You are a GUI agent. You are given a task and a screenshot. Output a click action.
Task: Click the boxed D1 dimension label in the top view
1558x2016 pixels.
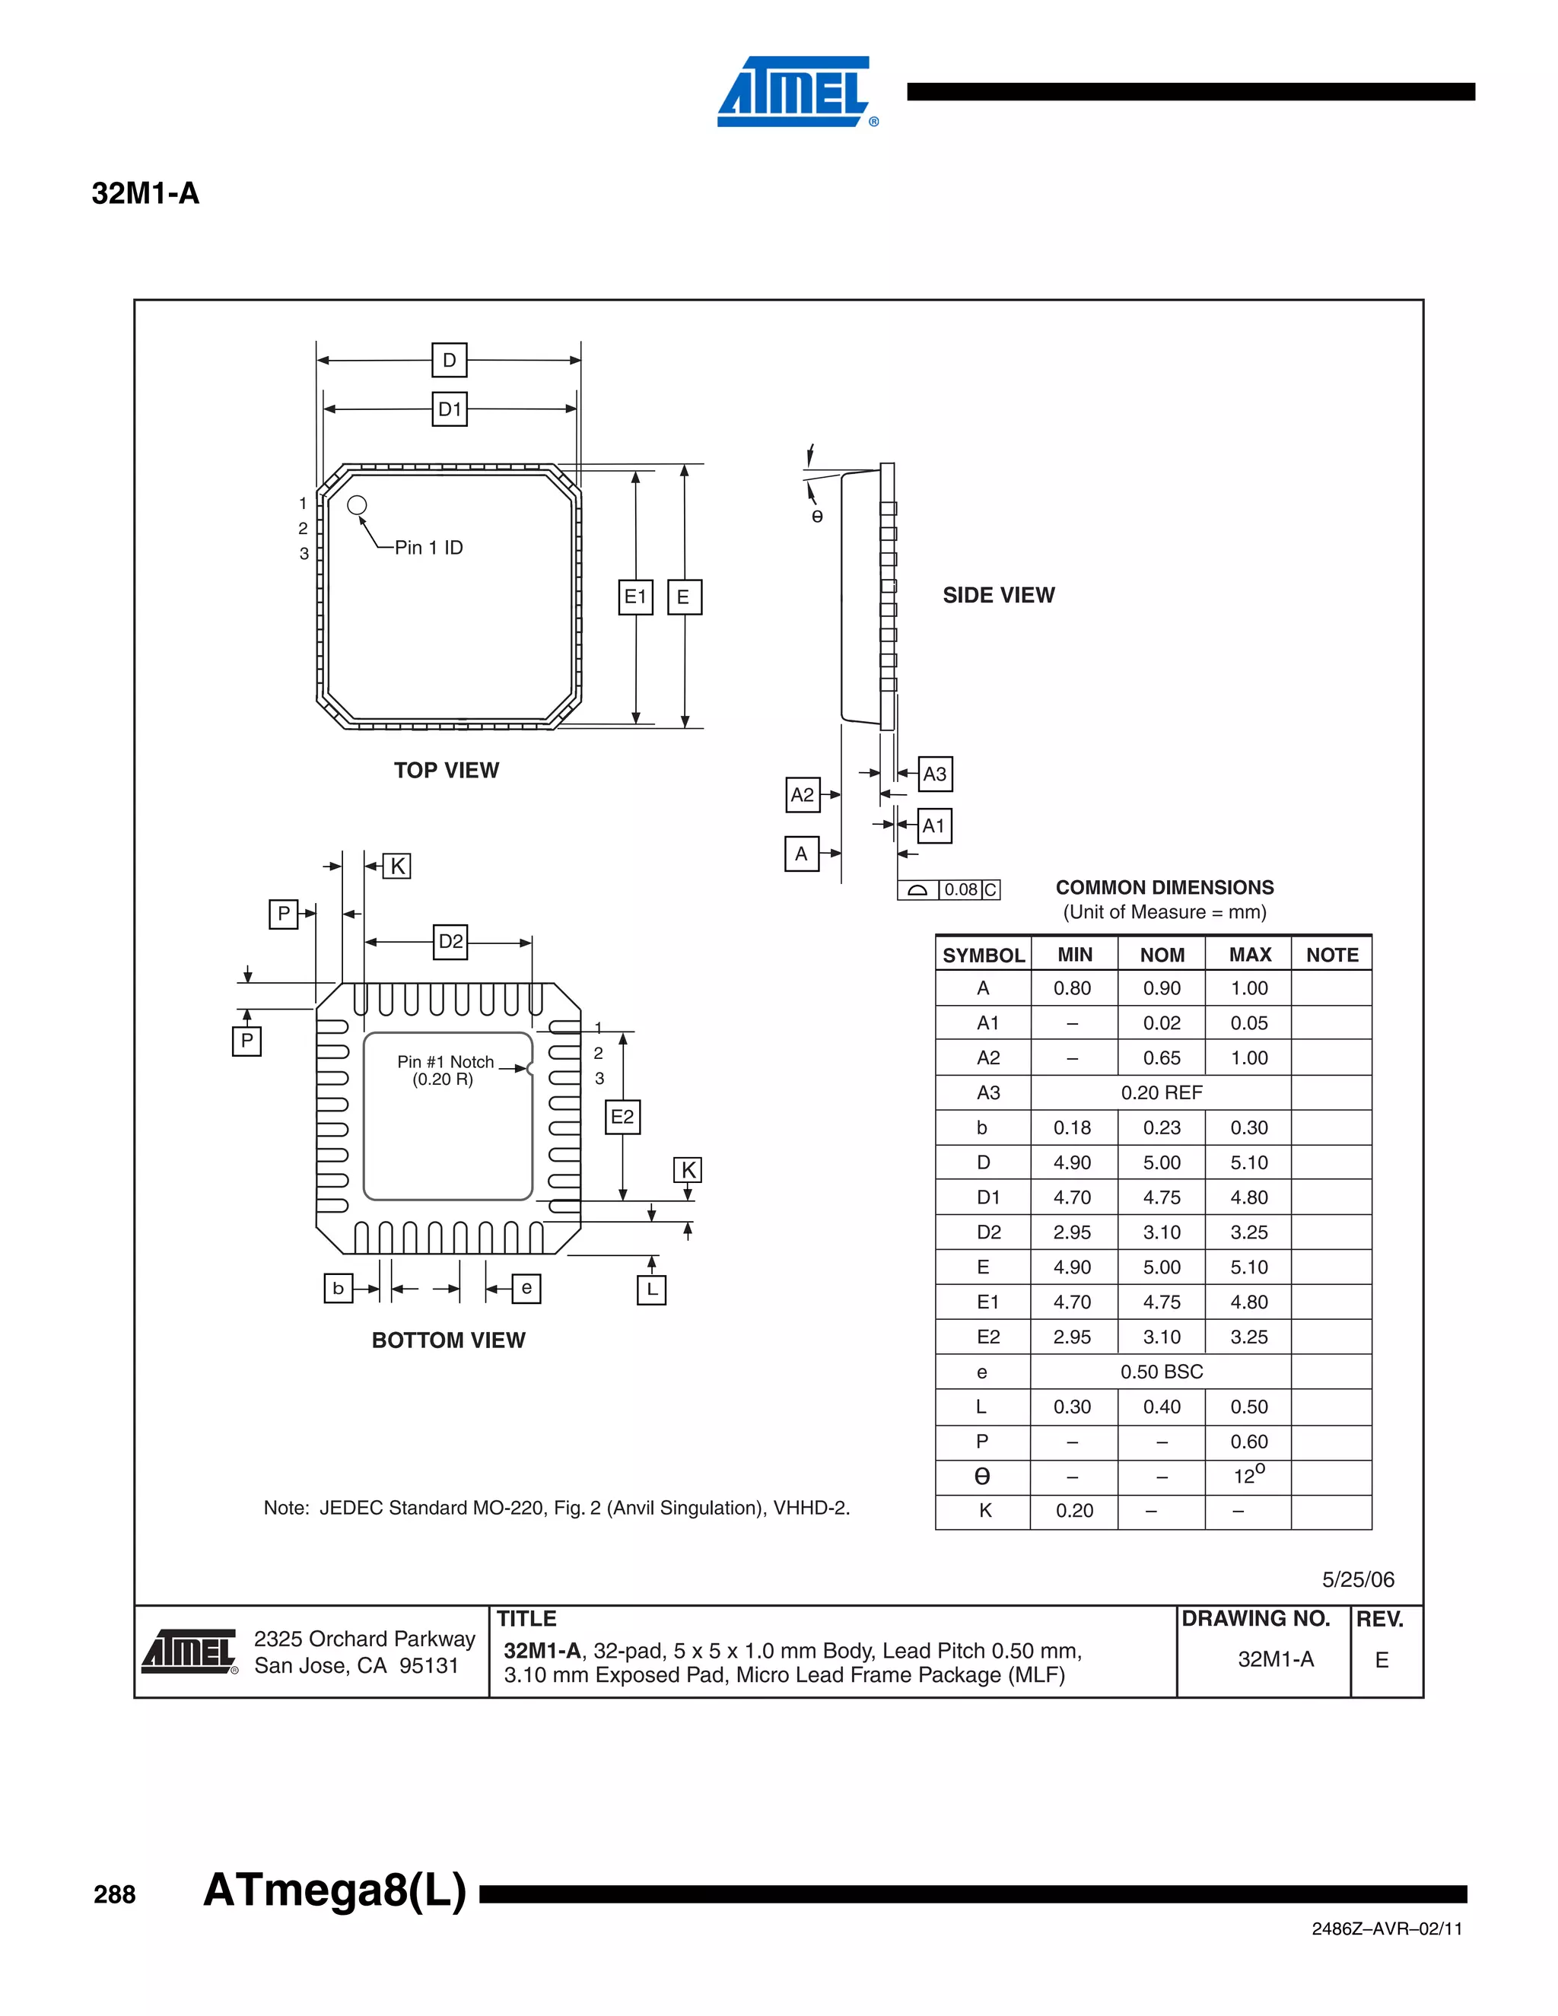pyautogui.click(x=450, y=409)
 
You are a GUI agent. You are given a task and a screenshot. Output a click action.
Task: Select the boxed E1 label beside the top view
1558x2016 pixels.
pyautogui.click(x=635, y=596)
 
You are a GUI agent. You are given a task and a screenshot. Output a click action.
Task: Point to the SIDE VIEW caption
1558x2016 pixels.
pyautogui.click(x=998, y=596)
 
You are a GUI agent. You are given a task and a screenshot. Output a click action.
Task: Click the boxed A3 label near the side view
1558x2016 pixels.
pyautogui.click(x=934, y=774)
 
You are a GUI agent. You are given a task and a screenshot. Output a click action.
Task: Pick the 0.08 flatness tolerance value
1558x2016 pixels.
pyautogui.click(x=960, y=890)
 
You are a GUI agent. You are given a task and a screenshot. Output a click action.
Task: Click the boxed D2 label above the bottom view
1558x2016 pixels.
pyautogui.click(x=450, y=942)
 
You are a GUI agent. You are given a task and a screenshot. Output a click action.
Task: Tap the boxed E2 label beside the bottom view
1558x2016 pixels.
pyautogui.click(x=622, y=1117)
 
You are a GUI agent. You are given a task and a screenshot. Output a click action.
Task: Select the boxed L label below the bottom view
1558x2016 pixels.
pyautogui.click(x=652, y=1289)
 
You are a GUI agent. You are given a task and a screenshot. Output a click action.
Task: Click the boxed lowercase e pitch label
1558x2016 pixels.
pyautogui.click(x=526, y=1288)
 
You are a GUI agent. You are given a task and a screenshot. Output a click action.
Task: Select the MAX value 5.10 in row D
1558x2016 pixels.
pyautogui.click(x=1249, y=1162)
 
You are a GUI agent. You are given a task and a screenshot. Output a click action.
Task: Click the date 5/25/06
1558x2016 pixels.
pyautogui.click(x=1358, y=1579)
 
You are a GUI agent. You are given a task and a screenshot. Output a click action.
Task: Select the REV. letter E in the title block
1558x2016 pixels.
pyautogui.click(x=1382, y=1660)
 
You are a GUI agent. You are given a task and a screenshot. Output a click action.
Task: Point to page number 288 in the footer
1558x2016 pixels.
pyautogui.click(x=114, y=1895)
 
